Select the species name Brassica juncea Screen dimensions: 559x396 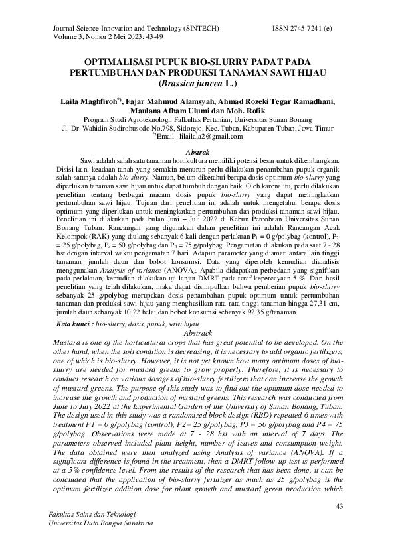click(x=191, y=84)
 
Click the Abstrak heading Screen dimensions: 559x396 click(x=197, y=153)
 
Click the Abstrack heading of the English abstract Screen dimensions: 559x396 click(x=197, y=332)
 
